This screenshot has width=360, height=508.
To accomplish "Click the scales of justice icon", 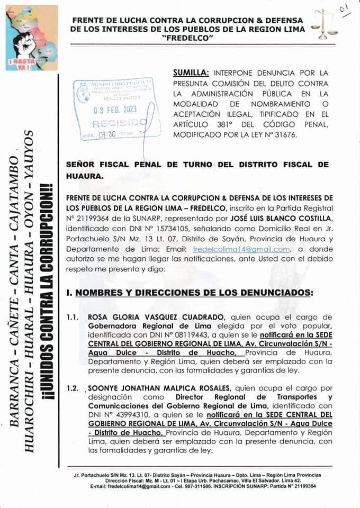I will (x=324, y=24).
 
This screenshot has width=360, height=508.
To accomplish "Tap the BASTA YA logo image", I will (x=31, y=38).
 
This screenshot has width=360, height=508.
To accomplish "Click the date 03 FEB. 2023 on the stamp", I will (x=115, y=111).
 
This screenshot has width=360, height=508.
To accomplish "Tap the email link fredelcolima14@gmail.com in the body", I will (x=241, y=249).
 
